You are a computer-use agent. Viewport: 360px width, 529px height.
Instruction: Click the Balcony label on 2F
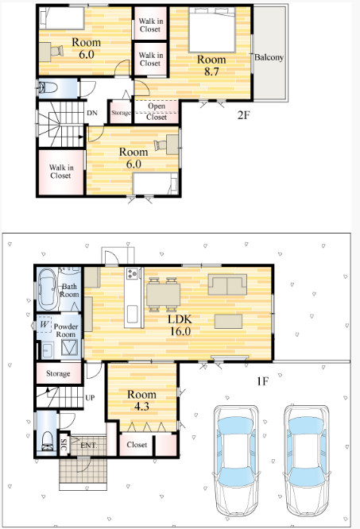point(269,57)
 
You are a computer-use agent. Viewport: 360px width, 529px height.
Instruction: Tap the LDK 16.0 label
point(180,325)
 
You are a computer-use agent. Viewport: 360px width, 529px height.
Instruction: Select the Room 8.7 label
point(211,65)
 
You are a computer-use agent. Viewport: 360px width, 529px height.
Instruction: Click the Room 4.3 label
point(141,400)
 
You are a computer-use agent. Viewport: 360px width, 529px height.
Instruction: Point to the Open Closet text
point(157,111)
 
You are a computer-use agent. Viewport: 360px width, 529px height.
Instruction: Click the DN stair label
point(92,113)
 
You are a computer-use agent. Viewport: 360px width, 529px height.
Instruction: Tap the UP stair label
point(90,398)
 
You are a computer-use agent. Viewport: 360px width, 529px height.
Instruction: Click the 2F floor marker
point(244,115)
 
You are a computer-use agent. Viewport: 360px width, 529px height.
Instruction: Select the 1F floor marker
point(262,381)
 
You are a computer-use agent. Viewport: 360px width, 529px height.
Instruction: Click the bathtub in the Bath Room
point(48,289)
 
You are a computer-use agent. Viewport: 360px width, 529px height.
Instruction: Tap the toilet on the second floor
point(48,87)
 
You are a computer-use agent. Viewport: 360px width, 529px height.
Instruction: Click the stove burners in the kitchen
point(132,273)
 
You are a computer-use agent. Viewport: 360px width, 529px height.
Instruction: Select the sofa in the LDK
point(227,284)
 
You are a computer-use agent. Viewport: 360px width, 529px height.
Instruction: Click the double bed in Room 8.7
point(212,29)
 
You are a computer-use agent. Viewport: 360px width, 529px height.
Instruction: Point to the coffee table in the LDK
point(228,321)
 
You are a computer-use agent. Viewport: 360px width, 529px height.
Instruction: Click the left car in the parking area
point(236,461)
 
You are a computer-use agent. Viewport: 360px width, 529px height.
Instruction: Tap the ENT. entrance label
point(88,446)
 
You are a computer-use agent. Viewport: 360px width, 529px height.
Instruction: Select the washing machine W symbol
point(44,325)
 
